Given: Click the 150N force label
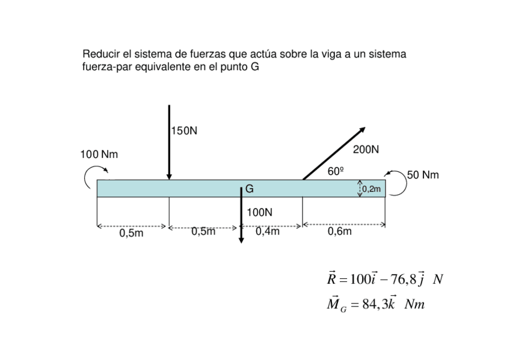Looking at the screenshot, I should coord(184,130).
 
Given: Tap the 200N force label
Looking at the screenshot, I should coord(366,149).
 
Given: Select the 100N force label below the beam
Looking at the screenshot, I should coord(259,212).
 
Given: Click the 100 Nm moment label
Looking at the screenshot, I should coord(99,154).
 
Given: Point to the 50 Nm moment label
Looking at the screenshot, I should coord(423,175).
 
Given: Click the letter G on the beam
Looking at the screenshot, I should coord(249,189).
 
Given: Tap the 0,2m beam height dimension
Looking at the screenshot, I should coord(371,189).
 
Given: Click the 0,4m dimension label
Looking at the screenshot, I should coord(267,231).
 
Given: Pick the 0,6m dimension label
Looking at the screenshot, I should coord(340,231).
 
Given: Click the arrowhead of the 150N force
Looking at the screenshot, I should coord(170,176).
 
